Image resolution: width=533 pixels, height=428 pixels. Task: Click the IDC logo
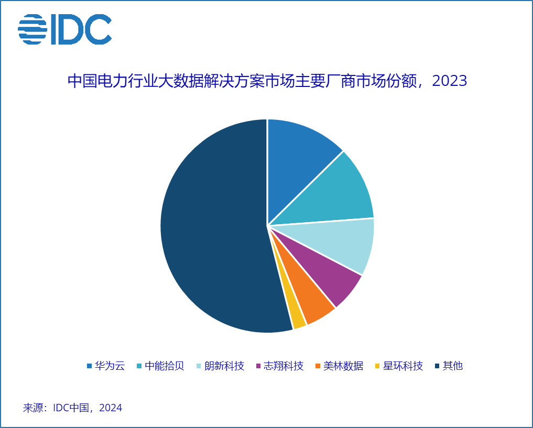coord(65,29)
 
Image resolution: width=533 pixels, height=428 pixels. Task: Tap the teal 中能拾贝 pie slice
coord(335,194)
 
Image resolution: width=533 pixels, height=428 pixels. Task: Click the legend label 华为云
coord(110,366)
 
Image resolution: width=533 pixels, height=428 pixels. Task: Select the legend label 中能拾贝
coord(165,366)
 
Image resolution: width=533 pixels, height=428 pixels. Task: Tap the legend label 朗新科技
coord(224,366)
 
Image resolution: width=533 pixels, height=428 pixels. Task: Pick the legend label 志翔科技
coord(284,366)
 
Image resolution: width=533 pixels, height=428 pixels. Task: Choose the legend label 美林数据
coord(343,366)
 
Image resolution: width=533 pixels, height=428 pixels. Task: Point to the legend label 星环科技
coord(403,366)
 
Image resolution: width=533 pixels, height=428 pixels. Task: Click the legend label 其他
coord(453,366)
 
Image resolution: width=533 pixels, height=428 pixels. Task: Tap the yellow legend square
coord(377,366)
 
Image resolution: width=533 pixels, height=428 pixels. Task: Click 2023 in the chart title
coord(449,81)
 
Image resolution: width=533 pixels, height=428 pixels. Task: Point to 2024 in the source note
coord(110,408)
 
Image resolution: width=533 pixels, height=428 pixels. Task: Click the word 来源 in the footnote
coord(33,408)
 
